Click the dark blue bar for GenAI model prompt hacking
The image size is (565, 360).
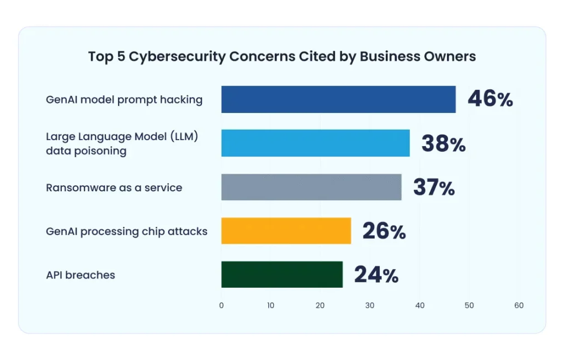pyautogui.click(x=338, y=99)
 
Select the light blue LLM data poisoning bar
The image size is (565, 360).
pyautogui.click(x=315, y=143)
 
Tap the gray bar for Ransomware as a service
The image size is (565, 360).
pyautogui.click(x=311, y=187)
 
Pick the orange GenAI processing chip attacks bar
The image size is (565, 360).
pyautogui.click(x=286, y=231)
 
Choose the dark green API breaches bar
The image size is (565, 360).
pyautogui.click(x=282, y=275)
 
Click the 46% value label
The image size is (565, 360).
pyautogui.click(x=490, y=100)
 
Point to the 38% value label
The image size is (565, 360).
pyautogui.click(x=443, y=144)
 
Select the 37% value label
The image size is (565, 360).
pyautogui.click(x=434, y=188)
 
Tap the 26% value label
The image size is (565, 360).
pyautogui.click(x=383, y=232)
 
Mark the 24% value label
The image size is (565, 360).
pyautogui.click(x=376, y=275)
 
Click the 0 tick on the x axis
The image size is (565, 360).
pyautogui.click(x=221, y=305)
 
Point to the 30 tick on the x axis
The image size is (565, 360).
pyautogui.click(x=370, y=305)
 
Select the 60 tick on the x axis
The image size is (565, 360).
pyautogui.click(x=519, y=305)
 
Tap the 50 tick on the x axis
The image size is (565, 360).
pyautogui.click(x=469, y=305)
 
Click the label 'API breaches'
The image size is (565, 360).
pyautogui.click(x=81, y=275)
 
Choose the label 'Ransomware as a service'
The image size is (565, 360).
pyautogui.click(x=114, y=188)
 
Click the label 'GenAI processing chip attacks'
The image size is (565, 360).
pyautogui.click(x=126, y=232)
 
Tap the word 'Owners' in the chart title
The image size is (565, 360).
pyautogui.click(x=451, y=57)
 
